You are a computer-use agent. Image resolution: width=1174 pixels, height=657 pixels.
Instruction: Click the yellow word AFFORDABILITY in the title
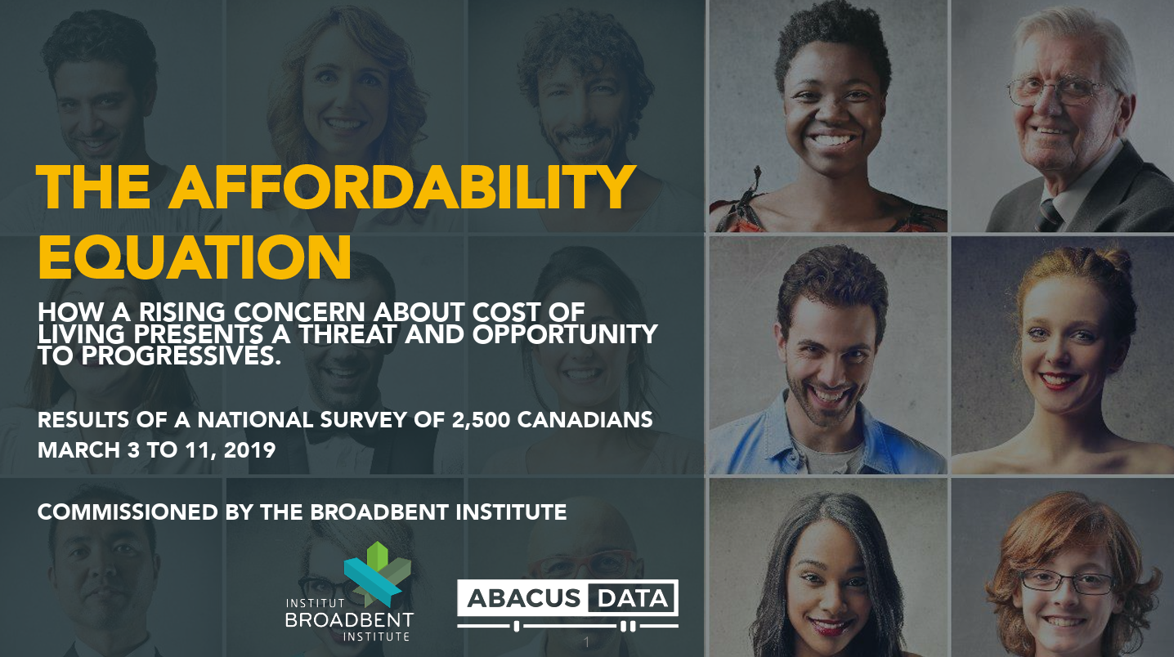402,187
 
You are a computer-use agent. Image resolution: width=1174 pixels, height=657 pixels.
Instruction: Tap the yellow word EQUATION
195,257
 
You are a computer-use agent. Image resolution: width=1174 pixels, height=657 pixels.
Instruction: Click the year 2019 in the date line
249,450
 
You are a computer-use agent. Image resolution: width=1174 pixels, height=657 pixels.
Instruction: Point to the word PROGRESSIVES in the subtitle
181,355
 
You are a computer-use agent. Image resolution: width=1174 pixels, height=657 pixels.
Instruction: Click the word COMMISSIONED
128,512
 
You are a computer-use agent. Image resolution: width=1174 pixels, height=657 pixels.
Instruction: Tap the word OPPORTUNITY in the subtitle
565,334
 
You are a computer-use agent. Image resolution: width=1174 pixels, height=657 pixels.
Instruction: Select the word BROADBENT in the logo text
350,619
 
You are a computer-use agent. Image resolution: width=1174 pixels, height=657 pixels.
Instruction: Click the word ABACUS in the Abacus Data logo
523,598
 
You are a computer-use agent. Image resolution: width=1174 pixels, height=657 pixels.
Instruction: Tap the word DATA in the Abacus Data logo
633,598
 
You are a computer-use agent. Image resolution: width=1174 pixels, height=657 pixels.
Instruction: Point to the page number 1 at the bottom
586,641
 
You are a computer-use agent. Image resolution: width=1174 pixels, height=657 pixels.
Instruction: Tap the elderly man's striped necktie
1050,216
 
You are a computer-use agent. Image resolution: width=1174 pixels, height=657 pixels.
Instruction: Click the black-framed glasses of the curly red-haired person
1066,582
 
